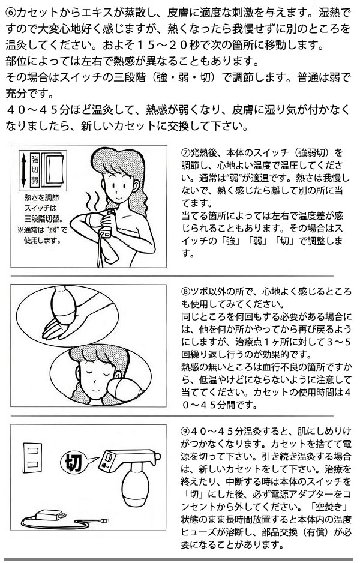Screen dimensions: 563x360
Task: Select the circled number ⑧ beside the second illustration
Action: pos(185,292)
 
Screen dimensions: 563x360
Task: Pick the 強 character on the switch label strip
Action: pos(34,159)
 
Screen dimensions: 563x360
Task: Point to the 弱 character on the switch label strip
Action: pos(34,180)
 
